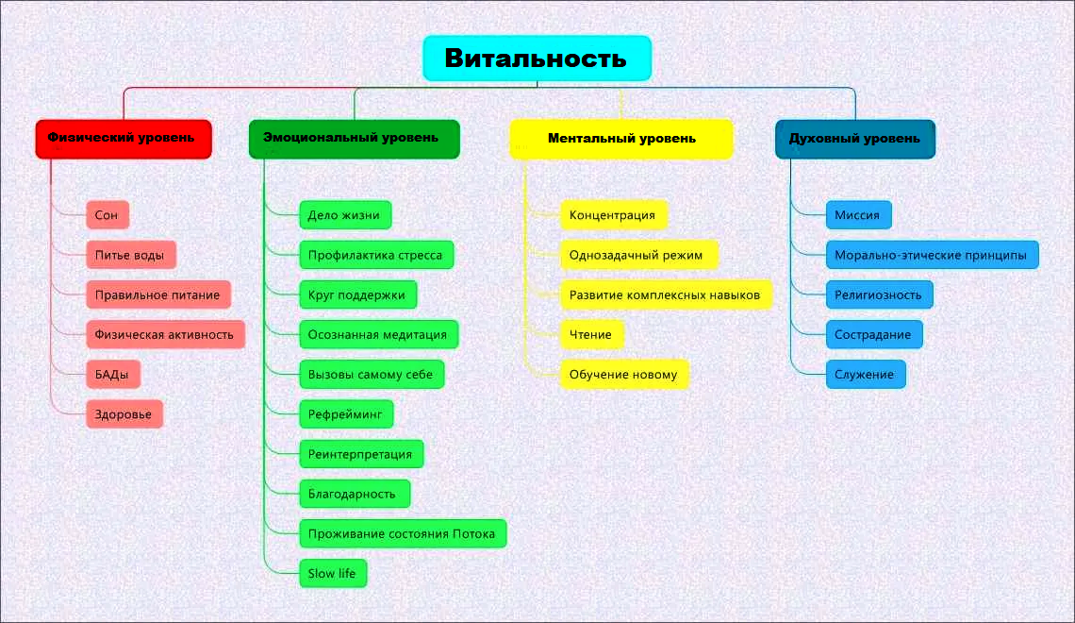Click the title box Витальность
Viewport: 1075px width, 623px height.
[x=537, y=59]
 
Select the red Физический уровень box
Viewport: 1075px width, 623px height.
[x=123, y=139]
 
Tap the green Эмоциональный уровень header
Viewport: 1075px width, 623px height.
[x=354, y=139]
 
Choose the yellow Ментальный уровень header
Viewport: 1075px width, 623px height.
[x=621, y=139]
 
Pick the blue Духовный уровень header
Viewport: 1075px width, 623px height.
[x=854, y=139]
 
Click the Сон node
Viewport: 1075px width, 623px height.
[x=107, y=215]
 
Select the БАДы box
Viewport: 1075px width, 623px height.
[x=112, y=375]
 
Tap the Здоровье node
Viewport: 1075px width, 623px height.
[x=124, y=414]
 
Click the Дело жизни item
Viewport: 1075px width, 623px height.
[x=344, y=215]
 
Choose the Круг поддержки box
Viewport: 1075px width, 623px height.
[x=357, y=295]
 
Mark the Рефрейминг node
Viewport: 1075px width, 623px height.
[x=345, y=414]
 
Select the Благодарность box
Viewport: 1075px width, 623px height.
[x=354, y=494]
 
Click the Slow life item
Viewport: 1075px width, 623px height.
[x=332, y=573]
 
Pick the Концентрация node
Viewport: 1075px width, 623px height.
[x=613, y=215]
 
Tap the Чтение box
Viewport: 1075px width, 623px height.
[x=591, y=334]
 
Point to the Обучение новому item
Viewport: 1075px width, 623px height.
[x=623, y=375]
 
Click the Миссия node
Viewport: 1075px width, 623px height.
[x=857, y=215]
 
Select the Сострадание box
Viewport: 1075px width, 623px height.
[x=873, y=334]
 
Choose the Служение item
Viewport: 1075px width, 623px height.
[x=865, y=375]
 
